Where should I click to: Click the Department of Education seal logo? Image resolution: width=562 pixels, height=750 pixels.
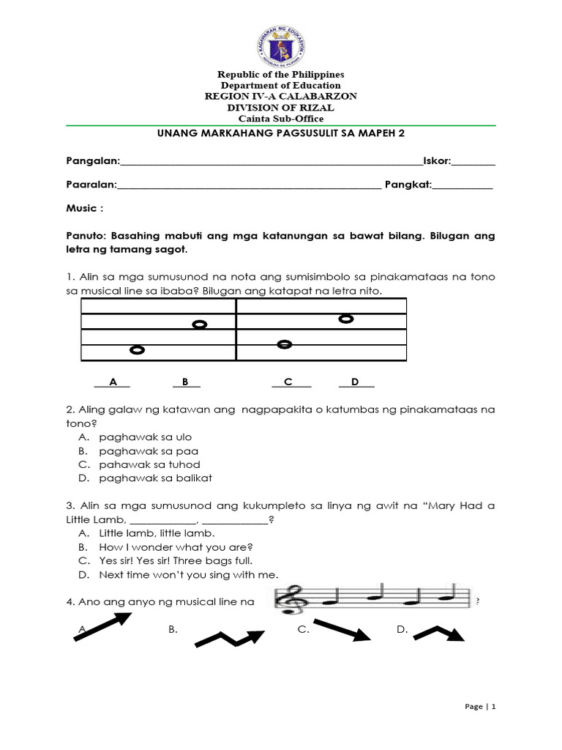coord(281,40)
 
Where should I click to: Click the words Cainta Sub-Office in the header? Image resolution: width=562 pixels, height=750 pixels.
coord(281,119)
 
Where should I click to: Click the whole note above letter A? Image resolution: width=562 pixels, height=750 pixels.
coord(136,350)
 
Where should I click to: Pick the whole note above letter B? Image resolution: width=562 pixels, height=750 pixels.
coord(198,324)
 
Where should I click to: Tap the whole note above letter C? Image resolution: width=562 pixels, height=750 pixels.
coord(285,344)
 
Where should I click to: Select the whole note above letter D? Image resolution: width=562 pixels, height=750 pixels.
coord(346,318)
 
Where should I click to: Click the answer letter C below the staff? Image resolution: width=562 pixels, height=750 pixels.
coord(288,382)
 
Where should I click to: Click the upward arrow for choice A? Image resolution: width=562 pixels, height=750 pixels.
coord(102,625)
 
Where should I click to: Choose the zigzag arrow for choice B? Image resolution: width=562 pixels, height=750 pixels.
coord(229,636)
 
